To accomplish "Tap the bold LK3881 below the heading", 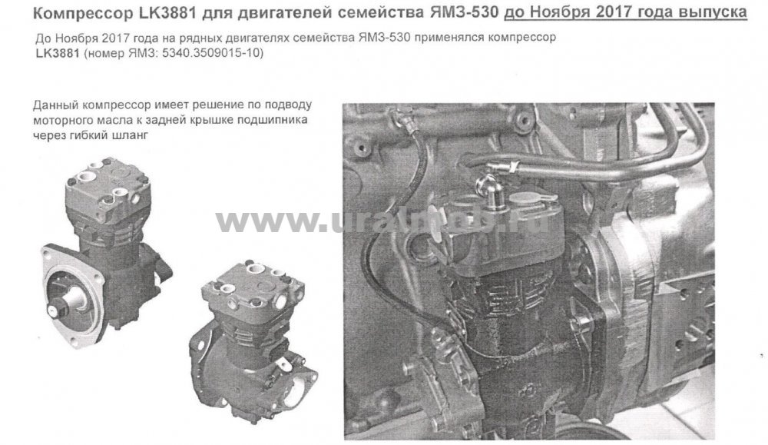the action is (x=57, y=53).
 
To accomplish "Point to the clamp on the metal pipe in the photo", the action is (x=511, y=167).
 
